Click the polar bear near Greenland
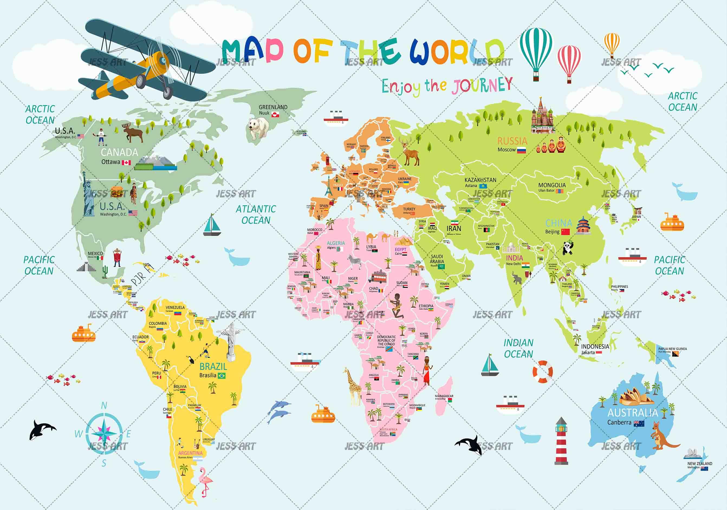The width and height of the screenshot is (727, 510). [258, 128]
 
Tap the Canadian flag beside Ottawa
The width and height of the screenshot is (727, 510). [126, 162]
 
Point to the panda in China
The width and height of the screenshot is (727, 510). [568, 248]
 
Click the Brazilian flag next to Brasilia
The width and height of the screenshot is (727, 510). [222, 376]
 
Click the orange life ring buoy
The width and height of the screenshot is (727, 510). [543, 371]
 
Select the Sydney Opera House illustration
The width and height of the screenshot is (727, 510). [637, 397]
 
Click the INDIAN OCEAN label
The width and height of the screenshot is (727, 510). [518, 348]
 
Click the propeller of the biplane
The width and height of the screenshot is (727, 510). [163, 60]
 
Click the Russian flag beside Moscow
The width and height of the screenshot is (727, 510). [521, 151]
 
